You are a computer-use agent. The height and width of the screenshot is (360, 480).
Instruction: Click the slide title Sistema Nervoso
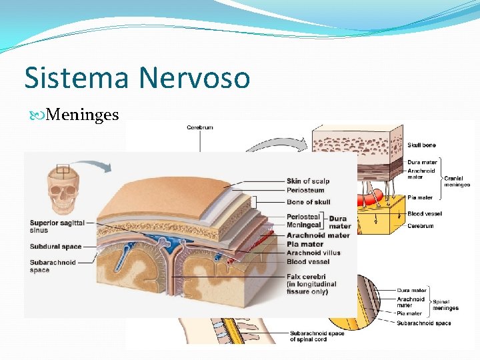point(137,78)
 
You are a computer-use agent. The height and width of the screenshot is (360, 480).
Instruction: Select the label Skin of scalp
point(307,181)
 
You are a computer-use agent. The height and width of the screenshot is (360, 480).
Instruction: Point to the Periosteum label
point(305,190)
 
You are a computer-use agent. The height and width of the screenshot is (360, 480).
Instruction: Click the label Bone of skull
point(308,202)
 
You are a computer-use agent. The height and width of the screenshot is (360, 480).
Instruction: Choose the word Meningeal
point(304,226)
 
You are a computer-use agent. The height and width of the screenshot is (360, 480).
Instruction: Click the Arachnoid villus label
point(313,253)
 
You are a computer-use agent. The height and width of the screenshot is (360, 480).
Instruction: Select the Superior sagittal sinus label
point(53,226)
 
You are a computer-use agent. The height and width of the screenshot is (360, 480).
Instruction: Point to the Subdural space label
point(55,247)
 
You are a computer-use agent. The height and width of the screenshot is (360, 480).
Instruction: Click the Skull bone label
point(422,145)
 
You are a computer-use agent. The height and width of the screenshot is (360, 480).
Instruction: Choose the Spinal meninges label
point(445,305)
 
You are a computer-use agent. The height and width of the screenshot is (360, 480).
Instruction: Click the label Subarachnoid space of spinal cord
point(317,337)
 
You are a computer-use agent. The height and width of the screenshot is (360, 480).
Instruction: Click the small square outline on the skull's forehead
point(63,169)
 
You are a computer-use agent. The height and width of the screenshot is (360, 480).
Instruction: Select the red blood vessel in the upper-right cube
point(373,197)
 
